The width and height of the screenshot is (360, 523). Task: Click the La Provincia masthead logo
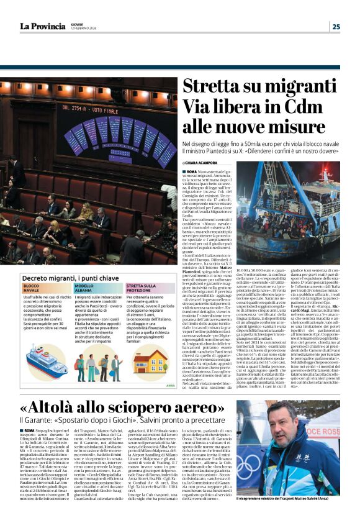tap(42, 25)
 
